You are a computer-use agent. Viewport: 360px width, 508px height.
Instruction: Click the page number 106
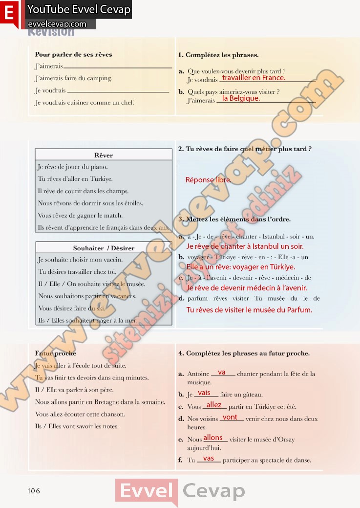[34, 491]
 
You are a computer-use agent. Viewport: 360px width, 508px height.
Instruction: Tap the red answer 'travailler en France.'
[254, 78]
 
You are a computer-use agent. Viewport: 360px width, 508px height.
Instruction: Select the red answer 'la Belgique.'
[241, 98]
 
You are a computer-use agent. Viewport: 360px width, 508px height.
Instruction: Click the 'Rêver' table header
[104, 155]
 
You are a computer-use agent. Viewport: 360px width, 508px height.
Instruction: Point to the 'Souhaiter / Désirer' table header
[104, 248]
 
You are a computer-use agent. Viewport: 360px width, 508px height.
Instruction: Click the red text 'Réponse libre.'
[208, 180]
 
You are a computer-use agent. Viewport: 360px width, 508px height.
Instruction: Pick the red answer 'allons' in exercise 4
[213, 438]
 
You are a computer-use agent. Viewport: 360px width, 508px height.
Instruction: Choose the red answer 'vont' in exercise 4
[230, 417]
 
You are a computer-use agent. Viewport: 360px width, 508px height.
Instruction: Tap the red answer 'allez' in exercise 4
[214, 405]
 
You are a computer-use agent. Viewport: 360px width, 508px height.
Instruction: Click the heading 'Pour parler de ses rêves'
[74, 55]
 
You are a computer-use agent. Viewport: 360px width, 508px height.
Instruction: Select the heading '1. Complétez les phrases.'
[218, 55]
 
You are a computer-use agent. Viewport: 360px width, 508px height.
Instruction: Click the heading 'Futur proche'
[56, 353]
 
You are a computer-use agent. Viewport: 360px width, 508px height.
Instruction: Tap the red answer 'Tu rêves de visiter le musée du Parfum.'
[249, 310]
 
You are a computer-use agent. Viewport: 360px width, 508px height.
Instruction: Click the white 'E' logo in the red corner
[8, 13]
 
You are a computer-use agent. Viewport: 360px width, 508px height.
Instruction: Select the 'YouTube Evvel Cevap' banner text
[79, 10]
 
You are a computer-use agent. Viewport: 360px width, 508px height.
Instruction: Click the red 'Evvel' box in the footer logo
[146, 491]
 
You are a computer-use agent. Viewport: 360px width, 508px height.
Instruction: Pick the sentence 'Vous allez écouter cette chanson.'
[80, 414]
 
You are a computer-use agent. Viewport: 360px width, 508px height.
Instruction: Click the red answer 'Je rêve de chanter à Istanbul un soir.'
[245, 246]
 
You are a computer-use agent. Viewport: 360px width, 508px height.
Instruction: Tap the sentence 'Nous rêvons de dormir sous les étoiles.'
[90, 203]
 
